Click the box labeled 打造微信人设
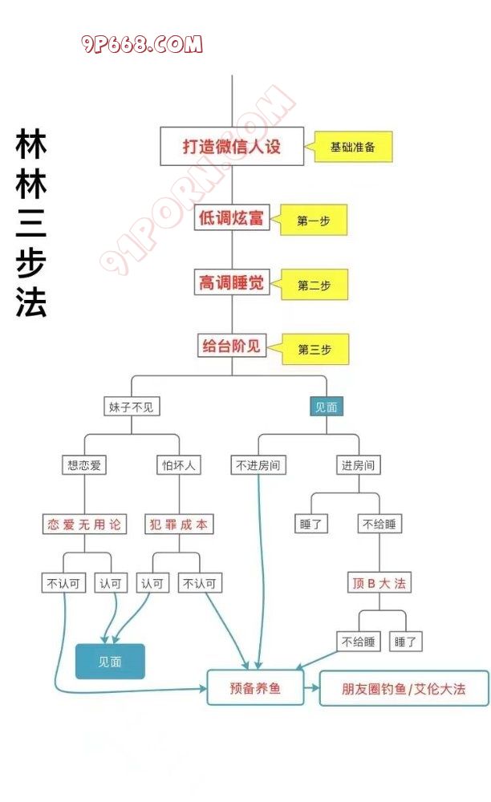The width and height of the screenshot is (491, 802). [x=232, y=147]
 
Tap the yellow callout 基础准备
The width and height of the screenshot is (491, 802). [x=354, y=148]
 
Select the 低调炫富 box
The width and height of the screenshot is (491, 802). [x=232, y=217]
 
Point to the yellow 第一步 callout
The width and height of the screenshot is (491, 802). [x=314, y=221]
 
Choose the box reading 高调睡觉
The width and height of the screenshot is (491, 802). [x=231, y=282]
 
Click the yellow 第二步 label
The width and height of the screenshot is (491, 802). [x=314, y=286]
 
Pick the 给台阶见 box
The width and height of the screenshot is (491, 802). [x=231, y=346]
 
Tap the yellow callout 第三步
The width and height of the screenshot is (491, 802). [x=314, y=350]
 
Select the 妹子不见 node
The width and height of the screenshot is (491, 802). [x=132, y=407]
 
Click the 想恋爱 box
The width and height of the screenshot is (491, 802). [x=85, y=464]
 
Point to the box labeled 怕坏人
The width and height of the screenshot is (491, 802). [x=178, y=464]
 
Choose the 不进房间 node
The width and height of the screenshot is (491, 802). [x=258, y=464]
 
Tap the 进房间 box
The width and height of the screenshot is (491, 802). [x=358, y=464]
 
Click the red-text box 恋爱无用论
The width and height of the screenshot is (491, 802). [x=85, y=525]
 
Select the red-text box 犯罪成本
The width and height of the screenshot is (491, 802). [x=179, y=525]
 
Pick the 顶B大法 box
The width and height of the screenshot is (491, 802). [x=380, y=583]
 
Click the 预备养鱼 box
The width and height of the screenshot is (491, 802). [x=255, y=687]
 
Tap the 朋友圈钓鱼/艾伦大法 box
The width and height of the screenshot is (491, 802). [x=404, y=688]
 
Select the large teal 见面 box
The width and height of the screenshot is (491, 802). [x=110, y=662]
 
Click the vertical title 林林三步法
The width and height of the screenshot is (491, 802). [x=31, y=224]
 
